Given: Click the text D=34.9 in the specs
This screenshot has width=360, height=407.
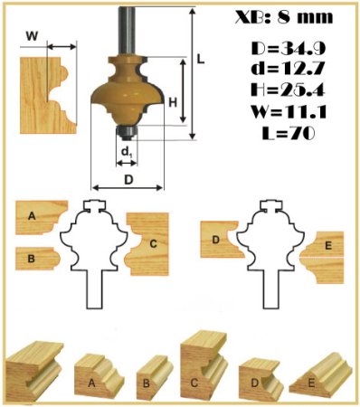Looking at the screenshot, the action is point(289,49).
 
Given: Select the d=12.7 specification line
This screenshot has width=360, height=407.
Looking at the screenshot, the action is point(289,69).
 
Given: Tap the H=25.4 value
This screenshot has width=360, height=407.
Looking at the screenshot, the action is point(289,90).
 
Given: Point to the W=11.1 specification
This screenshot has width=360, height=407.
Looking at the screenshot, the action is point(289,111).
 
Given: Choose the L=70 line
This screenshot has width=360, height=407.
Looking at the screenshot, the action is point(289,133).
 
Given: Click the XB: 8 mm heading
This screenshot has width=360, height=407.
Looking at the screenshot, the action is point(284,17).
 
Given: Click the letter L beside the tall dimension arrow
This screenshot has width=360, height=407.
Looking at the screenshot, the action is point(201,59).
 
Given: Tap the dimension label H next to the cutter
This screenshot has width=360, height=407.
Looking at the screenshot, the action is point(173,103).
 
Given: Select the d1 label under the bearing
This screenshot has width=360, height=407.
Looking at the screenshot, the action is point(127,153).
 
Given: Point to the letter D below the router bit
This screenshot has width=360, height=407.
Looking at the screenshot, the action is point(128,179).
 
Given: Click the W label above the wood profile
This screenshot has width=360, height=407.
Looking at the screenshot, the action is point(32,36).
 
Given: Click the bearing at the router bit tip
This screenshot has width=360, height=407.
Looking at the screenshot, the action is point(127,132).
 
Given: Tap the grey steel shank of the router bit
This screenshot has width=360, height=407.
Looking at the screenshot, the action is point(126,30).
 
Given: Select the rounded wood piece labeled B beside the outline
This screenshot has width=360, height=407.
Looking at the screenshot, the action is point(38,259).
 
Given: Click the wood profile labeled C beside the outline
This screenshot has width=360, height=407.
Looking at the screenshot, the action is point(147,243).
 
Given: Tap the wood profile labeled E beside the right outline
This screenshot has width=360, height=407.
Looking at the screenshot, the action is point(323,257).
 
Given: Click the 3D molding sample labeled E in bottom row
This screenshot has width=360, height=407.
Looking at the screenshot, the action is point(320,377).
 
